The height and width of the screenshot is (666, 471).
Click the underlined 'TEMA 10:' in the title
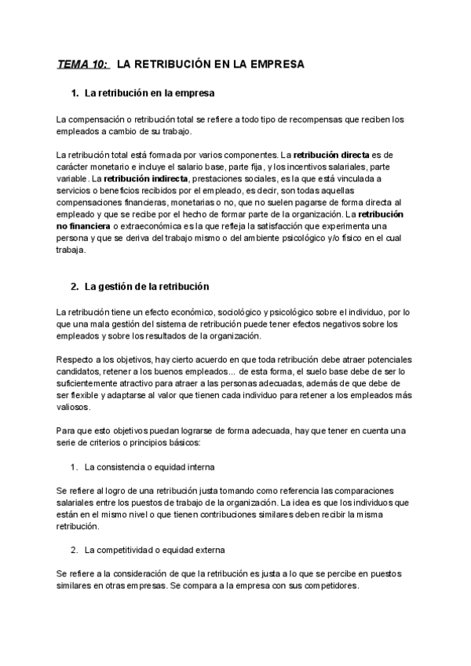pyautogui.click(x=83, y=64)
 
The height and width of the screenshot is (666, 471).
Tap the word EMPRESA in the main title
pyautogui.click(x=276, y=64)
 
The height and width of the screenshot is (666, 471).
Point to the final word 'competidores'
pyautogui.click(x=329, y=586)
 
